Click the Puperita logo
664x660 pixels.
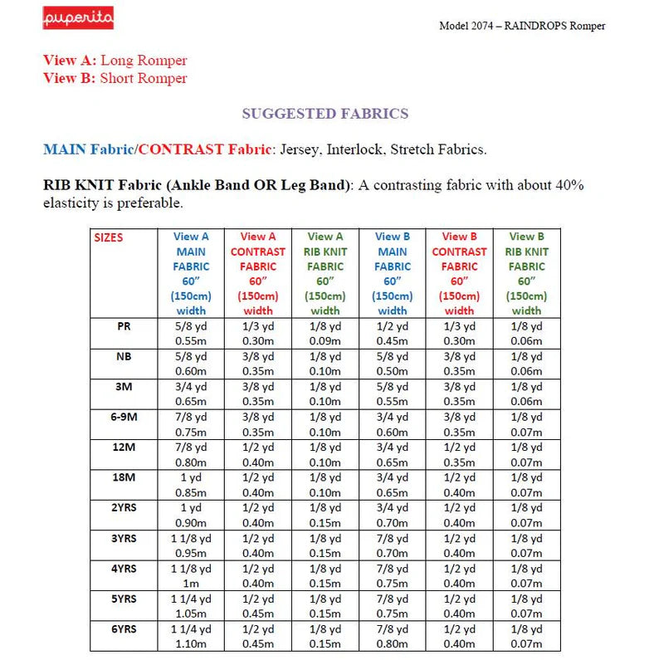click(78, 18)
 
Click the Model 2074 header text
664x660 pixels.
click(522, 26)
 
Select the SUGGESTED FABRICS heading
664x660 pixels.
click(325, 114)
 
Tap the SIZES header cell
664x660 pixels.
click(109, 237)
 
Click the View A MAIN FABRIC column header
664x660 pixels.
click(191, 273)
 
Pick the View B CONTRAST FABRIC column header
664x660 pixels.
click(459, 273)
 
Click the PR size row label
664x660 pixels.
click(124, 326)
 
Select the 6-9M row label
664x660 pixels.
click(124, 416)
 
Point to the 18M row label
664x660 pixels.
click(124, 477)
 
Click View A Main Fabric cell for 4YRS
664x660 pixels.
click(191, 575)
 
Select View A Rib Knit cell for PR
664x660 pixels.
click(325, 333)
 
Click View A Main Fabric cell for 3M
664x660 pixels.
click(191, 394)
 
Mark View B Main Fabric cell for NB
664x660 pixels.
click(392, 364)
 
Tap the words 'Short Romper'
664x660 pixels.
click(144, 79)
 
